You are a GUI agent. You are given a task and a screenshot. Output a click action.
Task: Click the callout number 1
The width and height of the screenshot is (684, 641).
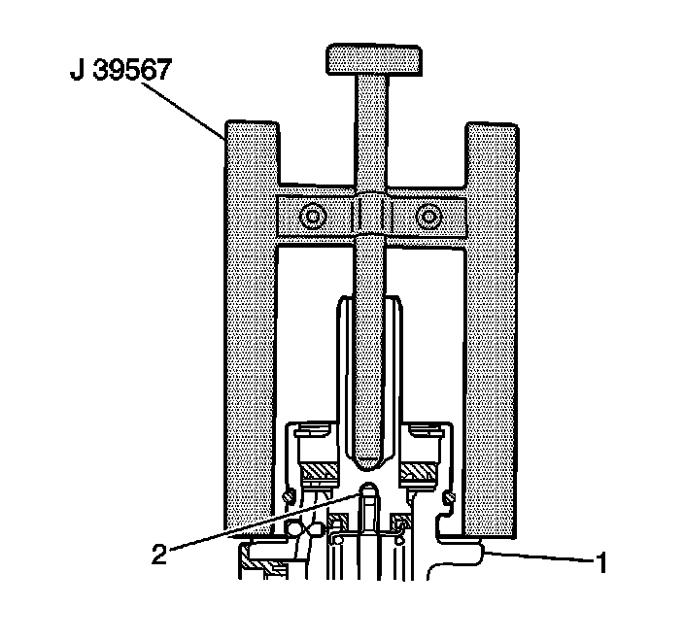602,562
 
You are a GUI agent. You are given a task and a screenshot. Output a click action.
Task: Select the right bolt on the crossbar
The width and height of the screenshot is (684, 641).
427,218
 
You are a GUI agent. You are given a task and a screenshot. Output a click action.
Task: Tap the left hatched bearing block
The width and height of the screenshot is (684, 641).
322,474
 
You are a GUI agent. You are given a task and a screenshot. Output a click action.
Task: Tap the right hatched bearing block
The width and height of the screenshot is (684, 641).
424,473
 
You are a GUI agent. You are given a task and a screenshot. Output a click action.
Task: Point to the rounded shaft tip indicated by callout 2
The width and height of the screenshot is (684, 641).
368,489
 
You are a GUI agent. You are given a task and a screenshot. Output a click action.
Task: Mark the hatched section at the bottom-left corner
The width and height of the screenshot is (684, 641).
263,563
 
